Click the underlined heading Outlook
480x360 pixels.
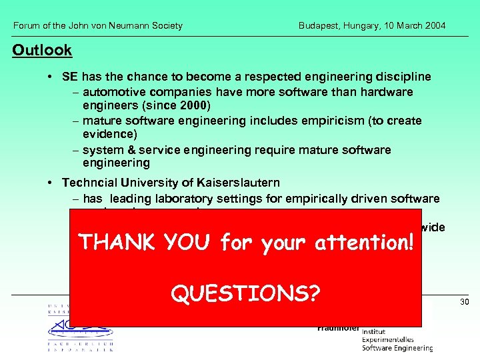coord(42,50)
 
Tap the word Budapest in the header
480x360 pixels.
coord(320,26)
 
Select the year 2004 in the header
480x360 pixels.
coord(434,26)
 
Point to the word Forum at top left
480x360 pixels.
coord(27,26)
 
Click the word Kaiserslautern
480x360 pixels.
coord(236,182)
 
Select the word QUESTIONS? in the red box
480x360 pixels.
coord(245,293)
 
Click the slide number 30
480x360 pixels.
coord(465,303)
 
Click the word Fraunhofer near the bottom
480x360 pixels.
coord(338,328)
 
